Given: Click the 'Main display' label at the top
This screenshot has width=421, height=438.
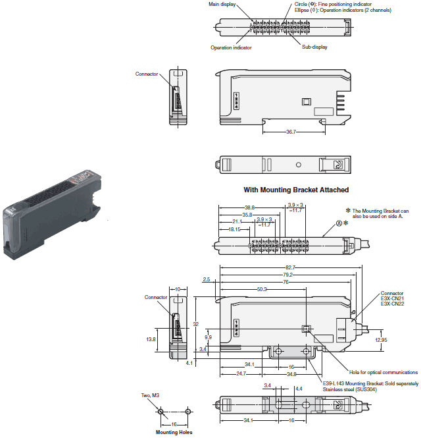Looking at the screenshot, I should (222, 4).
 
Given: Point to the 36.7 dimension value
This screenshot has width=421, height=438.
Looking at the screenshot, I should (290, 132).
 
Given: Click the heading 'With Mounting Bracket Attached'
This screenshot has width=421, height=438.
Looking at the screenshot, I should (296, 190).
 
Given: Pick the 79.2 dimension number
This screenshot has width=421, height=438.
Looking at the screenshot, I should (287, 274).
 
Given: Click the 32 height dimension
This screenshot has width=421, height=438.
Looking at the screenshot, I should (196, 324).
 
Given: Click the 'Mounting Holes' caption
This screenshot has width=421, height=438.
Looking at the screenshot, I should (174, 433).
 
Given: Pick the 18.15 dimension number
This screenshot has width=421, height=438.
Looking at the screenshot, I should (234, 230).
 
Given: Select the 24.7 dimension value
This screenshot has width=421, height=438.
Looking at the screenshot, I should (241, 373).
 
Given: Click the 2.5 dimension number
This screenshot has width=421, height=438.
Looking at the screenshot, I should (207, 280).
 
